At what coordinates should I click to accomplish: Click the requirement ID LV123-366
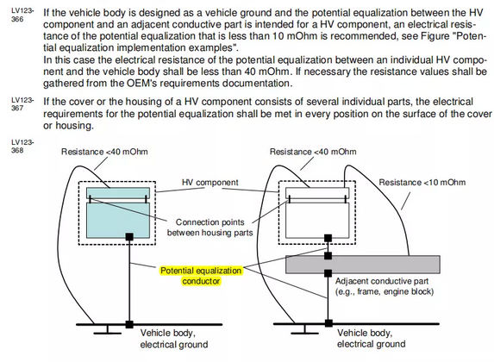point(22,15)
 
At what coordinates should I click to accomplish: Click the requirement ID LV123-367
point(22,104)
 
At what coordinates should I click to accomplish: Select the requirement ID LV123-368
point(22,147)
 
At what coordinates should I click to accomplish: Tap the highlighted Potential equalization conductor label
point(201,276)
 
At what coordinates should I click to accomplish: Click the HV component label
point(210,183)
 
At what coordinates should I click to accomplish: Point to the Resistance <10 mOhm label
point(422,183)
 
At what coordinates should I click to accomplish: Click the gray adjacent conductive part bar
point(363,265)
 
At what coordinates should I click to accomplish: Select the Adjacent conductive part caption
point(385,286)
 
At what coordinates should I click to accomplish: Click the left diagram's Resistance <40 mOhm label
point(104,152)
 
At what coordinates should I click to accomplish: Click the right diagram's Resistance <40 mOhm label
point(313,152)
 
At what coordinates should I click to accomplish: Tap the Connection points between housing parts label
point(210,228)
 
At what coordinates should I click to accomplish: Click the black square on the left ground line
point(129,324)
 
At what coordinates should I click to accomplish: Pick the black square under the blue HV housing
point(129,237)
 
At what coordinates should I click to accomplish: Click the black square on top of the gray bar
point(328,255)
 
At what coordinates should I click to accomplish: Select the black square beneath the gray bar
point(328,273)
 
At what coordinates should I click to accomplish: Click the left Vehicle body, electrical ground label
point(174,339)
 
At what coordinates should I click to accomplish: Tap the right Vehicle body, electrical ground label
point(371,339)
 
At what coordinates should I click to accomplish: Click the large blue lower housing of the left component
point(118,221)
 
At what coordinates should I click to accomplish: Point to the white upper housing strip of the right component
point(317,193)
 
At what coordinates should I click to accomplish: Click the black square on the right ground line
point(328,323)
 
